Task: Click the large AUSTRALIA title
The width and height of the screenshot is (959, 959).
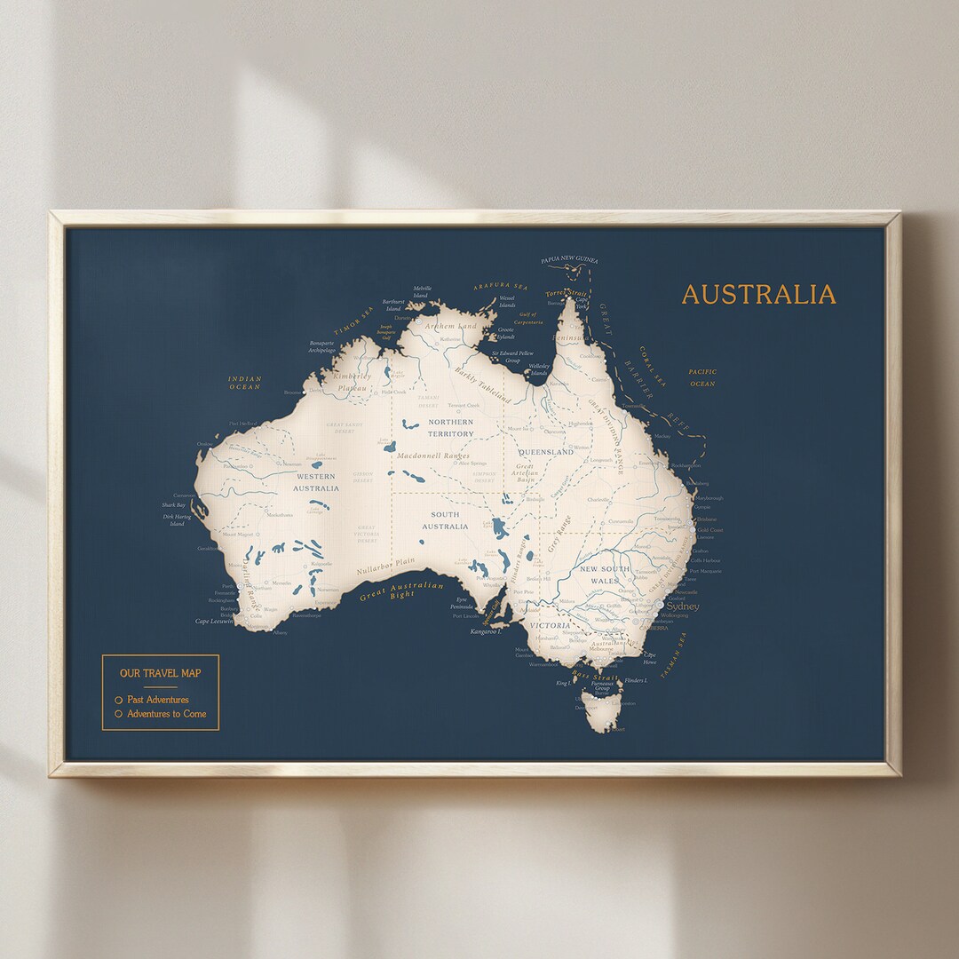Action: pos(758,294)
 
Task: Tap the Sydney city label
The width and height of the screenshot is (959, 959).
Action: pos(683,607)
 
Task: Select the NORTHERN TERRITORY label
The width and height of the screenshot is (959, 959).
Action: pos(451,428)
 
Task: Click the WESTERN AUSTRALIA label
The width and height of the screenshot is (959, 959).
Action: pos(316,482)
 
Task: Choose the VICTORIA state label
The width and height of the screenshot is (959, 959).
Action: pos(550,626)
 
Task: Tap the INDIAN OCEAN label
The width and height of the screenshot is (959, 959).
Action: pos(245,383)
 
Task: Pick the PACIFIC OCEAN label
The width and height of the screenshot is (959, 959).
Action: pos(702,377)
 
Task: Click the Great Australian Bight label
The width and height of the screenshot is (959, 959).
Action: pos(402,591)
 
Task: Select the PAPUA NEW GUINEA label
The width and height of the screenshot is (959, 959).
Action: pos(569,260)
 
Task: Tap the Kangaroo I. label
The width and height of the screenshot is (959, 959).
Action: pos(486,631)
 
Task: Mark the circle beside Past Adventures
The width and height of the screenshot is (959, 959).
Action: pos(118,700)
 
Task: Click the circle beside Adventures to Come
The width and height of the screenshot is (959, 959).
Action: pos(118,714)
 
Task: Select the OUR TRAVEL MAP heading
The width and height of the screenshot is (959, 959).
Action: pos(161,673)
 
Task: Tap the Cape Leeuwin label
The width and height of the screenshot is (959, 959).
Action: pos(214,622)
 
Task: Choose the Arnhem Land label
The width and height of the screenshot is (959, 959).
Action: pos(450,326)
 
